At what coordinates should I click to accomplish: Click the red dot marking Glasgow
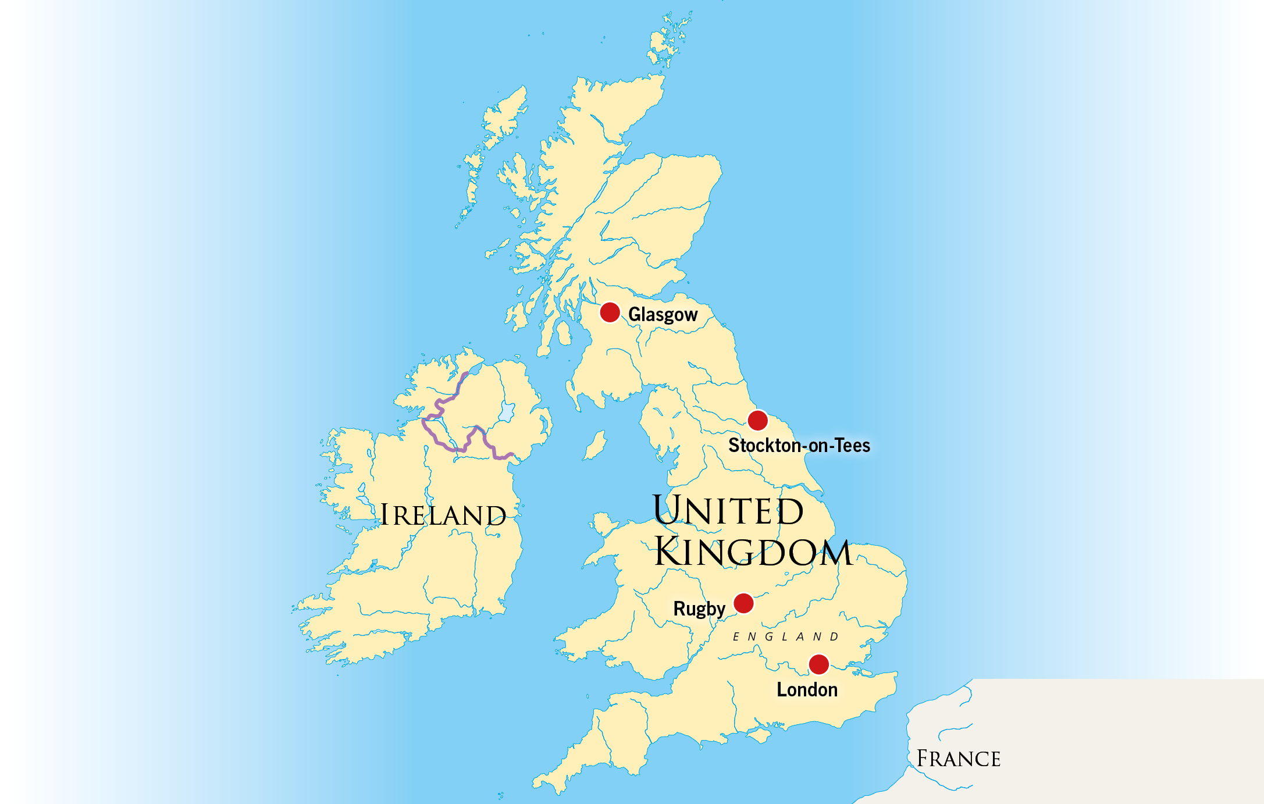click(x=610, y=312)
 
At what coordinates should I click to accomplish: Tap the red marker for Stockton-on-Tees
click(x=757, y=420)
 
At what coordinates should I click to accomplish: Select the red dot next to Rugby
click(x=743, y=603)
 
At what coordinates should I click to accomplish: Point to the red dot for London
click(x=818, y=664)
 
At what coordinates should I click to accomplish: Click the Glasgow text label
click(x=663, y=315)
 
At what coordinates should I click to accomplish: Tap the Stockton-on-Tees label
click(x=799, y=446)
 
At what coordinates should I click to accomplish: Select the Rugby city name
click(x=699, y=609)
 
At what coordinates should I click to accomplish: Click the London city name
click(x=807, y=690)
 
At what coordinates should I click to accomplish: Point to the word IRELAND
click(x=443, y=515)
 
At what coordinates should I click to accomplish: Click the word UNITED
click(x=728, y=511)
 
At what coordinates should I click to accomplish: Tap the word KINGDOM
click(x=753, y=552)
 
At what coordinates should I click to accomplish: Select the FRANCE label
click(x=958, y=759)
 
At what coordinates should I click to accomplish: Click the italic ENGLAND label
click(x=785, y=637)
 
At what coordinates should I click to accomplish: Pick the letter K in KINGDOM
click(x=669, y=552)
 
